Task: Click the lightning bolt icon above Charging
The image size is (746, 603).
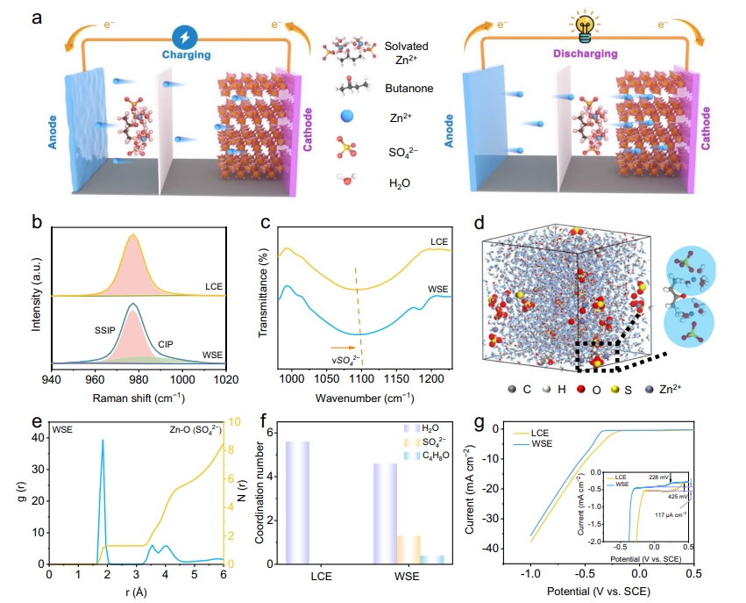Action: tap(185, 37)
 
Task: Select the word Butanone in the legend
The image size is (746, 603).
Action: tap(409, 89)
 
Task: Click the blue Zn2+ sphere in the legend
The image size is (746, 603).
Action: tap(347, 116)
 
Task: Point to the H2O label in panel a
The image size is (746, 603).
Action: tap(400, 183)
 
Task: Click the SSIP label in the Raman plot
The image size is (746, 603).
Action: tap(104, 331)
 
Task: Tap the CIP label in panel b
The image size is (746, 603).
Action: tap(166, 344)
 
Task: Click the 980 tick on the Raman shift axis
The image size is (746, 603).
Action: tap(139, 379)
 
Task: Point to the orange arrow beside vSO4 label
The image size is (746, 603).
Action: tap(343, 348)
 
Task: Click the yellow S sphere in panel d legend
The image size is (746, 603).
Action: tap(615, 390)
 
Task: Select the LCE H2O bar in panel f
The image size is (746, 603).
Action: tap(297, 502)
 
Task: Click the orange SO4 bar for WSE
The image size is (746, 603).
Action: tap(409, 549)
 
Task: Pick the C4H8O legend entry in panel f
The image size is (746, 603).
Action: tap(427, 456)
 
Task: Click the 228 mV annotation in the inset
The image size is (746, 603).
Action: tap(659, 477)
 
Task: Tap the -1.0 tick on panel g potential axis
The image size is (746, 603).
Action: tap(530, 573)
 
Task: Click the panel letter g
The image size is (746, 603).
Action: tap(480, 422)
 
